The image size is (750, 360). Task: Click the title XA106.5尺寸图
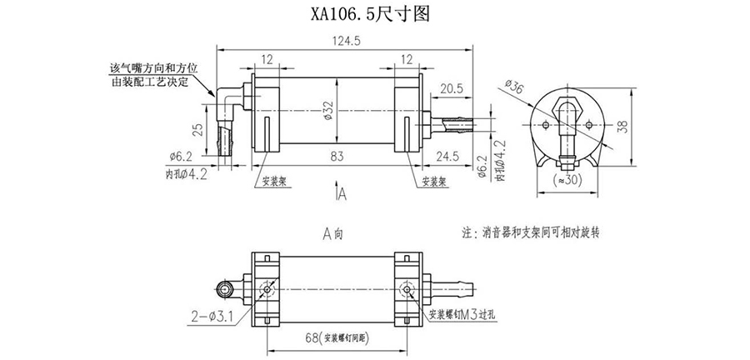point(374,14)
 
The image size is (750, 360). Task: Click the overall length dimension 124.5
point(346,40)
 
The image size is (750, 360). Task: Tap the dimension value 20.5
point(452,88)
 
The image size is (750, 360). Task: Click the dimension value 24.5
point(452,156)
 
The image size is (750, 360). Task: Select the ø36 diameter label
point(514,87)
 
